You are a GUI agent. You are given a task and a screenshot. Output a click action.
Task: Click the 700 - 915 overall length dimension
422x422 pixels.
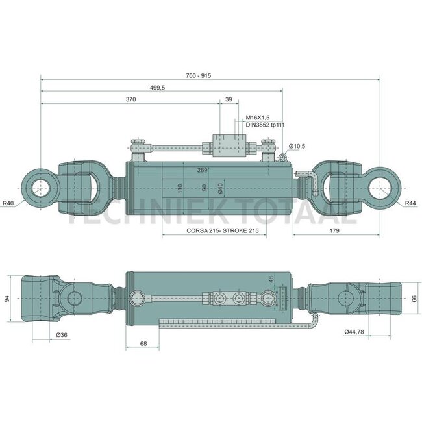tap(199, 75)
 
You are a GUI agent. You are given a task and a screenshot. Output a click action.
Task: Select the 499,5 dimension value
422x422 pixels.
tap(158, 88)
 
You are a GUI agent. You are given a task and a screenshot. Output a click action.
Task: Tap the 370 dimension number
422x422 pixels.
tap(130, 99)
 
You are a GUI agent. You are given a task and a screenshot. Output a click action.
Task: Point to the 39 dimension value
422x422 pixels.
tap(229, 99)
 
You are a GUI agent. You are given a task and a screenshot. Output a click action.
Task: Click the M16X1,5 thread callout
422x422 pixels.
tap(258, 118)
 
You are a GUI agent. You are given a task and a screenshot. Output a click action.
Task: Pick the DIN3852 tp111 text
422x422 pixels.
tap(265, 125)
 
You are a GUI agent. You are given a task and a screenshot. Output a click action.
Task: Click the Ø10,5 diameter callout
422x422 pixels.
tap(297, 147)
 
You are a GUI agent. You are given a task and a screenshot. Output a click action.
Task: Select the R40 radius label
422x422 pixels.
tap(8, 203)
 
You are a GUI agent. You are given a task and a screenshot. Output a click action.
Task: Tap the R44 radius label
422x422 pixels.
tap(410, 203)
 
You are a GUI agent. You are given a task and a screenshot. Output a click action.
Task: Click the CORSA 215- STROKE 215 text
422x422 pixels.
tap(223, 230)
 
